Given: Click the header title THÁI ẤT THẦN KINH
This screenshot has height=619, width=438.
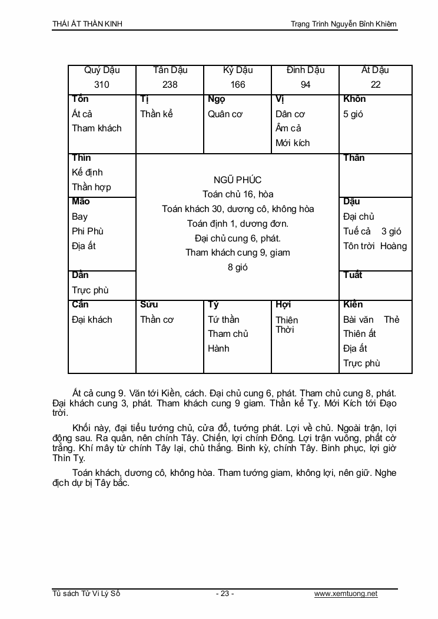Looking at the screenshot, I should tap(88, 24).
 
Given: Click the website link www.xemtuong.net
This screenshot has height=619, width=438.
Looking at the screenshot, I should tap(346, 594).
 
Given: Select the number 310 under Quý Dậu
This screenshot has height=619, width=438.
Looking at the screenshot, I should tap(102, 84).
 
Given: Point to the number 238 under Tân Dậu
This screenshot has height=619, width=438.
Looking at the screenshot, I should tap(170, 84).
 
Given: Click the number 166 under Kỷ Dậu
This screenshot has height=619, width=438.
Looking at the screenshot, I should tap(238, 84).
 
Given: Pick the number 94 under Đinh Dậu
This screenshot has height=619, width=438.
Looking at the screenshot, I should tap(306, 84).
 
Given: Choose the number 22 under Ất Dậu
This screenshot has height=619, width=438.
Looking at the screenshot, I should tap(376, 84).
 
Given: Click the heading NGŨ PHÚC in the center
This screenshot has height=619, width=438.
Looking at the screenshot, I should tap(238, 180).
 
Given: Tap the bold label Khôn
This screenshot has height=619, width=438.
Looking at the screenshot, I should tap(354, 99).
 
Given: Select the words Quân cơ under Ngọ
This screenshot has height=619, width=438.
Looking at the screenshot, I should tap(225, 114).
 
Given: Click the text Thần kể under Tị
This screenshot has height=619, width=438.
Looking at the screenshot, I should tap(157, 114).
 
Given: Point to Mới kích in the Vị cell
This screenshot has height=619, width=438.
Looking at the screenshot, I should tap(293, 143).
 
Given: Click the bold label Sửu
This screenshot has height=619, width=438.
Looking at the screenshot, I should tap(149, 304).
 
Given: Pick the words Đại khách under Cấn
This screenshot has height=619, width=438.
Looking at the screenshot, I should tap(92, 320).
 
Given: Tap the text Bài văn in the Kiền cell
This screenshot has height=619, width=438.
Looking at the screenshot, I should tap(359, 320).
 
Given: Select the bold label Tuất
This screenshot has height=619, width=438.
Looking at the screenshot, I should tap(353, 275).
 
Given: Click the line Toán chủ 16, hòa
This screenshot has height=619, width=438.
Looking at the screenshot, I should tap(238, 194).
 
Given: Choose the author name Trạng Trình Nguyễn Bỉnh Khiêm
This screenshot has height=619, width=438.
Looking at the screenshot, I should tap(344, 24).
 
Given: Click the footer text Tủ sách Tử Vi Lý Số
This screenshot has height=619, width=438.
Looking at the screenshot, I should tap(86, 594).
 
